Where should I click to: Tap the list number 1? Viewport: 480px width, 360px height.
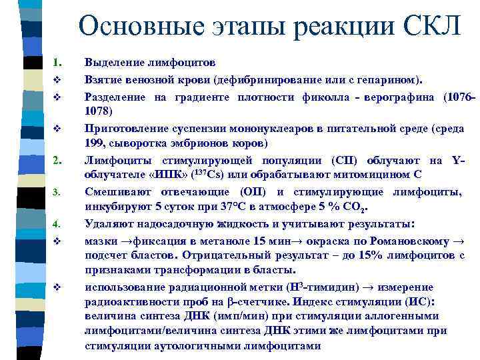(x=57, y=63)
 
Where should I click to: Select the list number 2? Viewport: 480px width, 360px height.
(x=57, y=160)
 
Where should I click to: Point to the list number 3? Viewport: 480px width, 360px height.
(x=57, y=193)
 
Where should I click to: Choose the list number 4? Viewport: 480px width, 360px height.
(x=57, y=223)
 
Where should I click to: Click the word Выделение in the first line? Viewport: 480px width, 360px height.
(x=113, y=63)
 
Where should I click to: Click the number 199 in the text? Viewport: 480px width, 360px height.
(x=97, y=144)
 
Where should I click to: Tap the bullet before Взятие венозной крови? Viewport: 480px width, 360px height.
(x=57, y=80)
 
